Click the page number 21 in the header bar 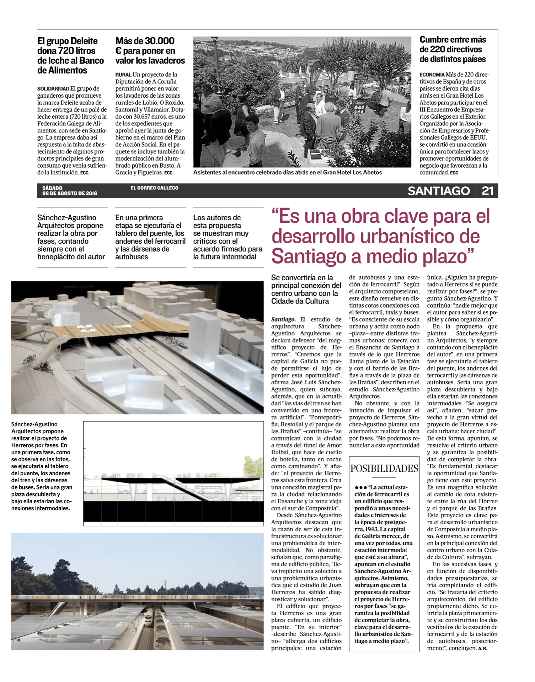pyautogui.click(x=488, y=191)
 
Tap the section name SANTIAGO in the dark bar pyautogui.click(x=439, y=191)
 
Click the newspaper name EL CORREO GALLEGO pyautogui.click(x=154, y=188)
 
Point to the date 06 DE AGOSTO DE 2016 pyautogui.click(x=70, y=194)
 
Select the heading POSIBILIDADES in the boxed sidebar pyautogui.click(x=384, y=469)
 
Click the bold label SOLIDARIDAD pyautogui.click(x=53, y=89)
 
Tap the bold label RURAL pyautogui.click(x=123, y=75)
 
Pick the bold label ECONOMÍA pyautogui.click(x=432, y=75)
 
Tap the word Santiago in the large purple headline pyautogui.click(x=309, y=256)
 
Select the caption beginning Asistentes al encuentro pyautogui.click(x=287, y=173)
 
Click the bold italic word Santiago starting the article pyautogui.click(x=283, y=319)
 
